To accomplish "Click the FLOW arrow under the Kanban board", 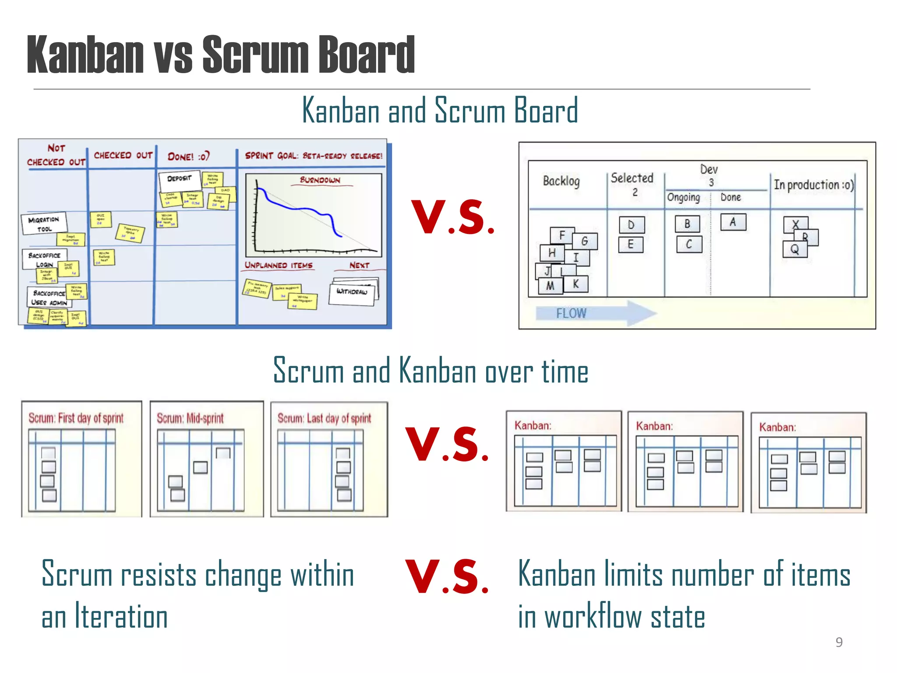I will (596, 313).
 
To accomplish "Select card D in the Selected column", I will (631, 225).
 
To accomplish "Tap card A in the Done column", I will (733, 222).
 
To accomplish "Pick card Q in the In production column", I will (795, 249).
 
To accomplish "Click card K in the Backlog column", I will (576, 284).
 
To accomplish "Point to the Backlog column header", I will (561, 181).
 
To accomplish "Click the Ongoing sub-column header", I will (683, 197).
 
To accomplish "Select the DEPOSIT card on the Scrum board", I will (180, 179).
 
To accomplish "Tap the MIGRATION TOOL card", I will (44, 223).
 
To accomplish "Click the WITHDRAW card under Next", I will (352, 292).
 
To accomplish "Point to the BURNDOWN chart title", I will (320, 180).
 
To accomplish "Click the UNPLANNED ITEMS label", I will (279, 266).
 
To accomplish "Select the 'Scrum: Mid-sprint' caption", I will (190, 418).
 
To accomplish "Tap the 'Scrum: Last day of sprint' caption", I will (324, 418).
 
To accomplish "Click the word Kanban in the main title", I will (85, 55).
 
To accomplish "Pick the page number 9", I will (839, 642).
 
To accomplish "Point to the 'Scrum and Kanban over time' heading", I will (431, 371).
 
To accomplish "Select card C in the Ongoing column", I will (689, 244).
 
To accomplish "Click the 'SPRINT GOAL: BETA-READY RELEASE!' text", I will (314, 156).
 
